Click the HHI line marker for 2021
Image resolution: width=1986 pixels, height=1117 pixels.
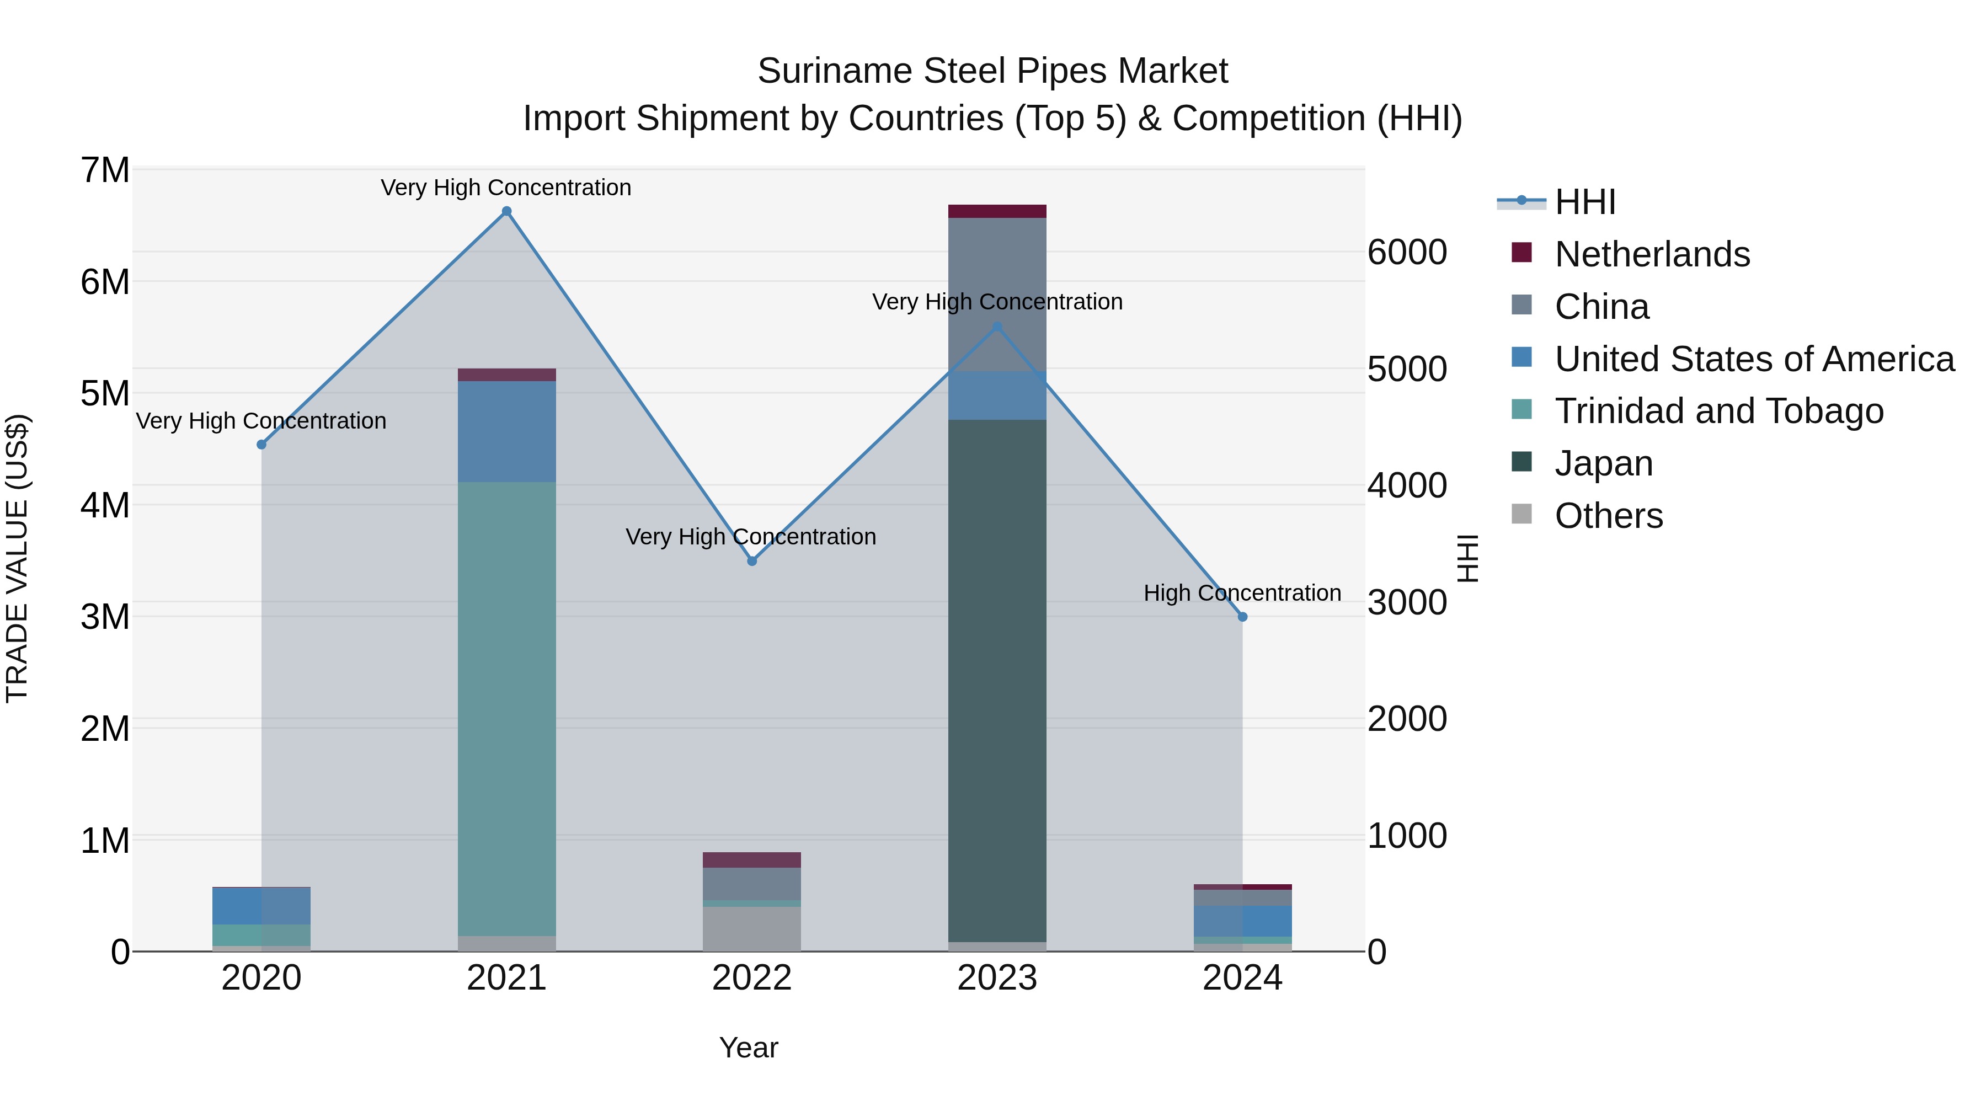506,211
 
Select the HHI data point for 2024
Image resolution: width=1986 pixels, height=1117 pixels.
1242,617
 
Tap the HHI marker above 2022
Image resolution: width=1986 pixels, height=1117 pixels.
752,561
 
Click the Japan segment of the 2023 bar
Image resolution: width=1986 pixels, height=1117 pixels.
997,678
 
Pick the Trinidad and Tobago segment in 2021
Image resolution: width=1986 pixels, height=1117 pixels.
506,709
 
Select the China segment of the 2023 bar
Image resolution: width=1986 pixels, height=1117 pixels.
997,293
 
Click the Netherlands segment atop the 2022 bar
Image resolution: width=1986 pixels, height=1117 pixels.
752,859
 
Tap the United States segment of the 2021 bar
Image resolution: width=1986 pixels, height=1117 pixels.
506,432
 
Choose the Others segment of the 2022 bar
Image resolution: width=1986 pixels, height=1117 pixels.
752,928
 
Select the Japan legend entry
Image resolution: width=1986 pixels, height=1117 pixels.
1604,463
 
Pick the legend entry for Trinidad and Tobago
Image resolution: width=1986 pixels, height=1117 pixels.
1718,411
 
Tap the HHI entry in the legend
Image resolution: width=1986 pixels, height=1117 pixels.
1584,202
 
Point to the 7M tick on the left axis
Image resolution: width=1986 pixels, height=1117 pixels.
105,170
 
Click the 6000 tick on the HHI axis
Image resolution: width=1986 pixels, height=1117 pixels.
1407,252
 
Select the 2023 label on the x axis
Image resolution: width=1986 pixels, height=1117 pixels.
997,978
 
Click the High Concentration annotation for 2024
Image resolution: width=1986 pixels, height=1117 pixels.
1242,593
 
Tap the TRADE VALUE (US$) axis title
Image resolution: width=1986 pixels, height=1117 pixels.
17,559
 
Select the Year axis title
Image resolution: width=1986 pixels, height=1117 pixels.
749,1047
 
